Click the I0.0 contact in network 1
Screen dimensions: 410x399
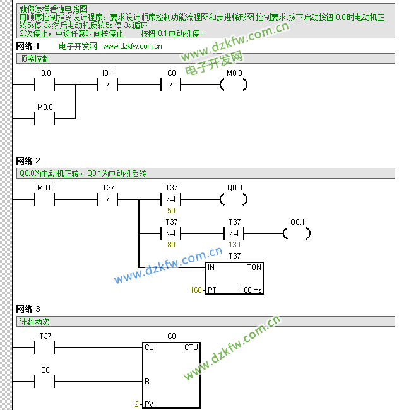[45, 84]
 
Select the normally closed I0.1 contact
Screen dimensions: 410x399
[108, 84]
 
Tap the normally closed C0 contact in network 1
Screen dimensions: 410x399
[172, 84]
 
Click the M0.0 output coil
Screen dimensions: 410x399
[234, 84]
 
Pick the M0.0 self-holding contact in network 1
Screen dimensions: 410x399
[45, 117]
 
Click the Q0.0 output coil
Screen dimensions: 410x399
[234, 199]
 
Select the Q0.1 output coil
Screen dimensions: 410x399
[297, 233]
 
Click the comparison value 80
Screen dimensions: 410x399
[171, 244]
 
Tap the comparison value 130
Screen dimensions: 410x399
[234, 244]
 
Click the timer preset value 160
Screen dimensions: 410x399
[196, 290]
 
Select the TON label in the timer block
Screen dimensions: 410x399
[254, 267]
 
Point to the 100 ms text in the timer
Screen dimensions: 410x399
[251, 290]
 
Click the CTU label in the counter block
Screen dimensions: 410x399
[191, 348]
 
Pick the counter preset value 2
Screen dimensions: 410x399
[136, 404]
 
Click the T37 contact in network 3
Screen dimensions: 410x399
[45, 348]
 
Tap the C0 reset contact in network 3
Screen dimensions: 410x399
[45, 382]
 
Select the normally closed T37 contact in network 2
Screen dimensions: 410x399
[108, 199]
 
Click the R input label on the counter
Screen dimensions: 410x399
[147, 382]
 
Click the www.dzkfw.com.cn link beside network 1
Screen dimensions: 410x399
[132, 46]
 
